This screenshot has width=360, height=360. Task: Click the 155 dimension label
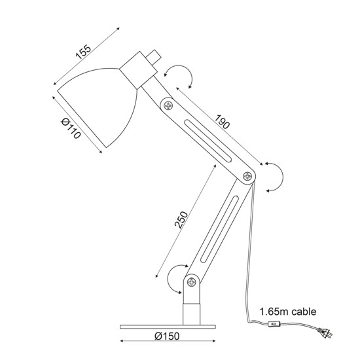pos(83,52)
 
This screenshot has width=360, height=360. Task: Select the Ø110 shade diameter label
pos(71,128)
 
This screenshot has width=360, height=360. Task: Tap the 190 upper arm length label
pos(222,122)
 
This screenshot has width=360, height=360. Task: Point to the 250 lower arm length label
pos(181,220)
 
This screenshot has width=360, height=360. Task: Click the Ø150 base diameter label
pos(167,336)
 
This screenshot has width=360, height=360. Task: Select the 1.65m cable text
pos(288,312)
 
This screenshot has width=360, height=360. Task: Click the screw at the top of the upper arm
pos(168,105)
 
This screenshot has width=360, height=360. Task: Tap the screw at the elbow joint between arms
pos(247,176)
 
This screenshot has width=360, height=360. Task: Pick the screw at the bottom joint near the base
pos(192,281)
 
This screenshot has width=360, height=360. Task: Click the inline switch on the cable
pos(274,324)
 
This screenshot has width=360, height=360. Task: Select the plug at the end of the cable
pos(325,333)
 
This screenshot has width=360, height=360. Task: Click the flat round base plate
pos(168,327)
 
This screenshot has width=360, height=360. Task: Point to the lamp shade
pos(98,107)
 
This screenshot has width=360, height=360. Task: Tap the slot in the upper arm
pos(208,141)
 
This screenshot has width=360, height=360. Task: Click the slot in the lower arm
pos(220,229)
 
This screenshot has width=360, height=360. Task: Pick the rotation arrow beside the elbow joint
pos(282,177)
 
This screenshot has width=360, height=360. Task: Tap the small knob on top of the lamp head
pos(153,57)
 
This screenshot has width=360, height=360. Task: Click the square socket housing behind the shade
pos(138,70)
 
